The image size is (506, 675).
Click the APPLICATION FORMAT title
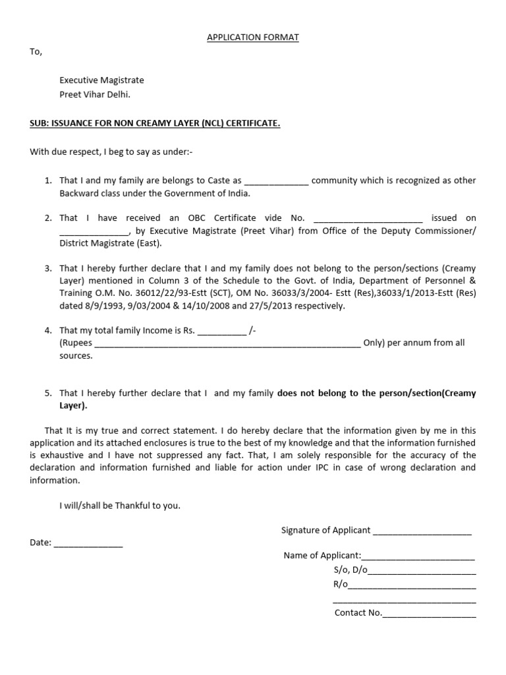click(x=253, y=38)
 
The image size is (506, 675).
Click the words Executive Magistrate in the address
click(x=101, y=80)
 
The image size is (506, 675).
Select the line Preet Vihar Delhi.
click(x=95, y=94)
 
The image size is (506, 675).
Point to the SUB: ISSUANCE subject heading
click(x=155, y=123)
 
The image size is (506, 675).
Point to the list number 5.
click(x=48, y=394)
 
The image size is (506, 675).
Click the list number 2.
click(x=48, y=218)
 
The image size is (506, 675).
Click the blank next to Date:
click(x=88, y=544)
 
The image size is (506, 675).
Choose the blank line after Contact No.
click(x=429, y=614)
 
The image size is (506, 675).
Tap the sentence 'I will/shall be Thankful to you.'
click(x=119, y=506)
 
